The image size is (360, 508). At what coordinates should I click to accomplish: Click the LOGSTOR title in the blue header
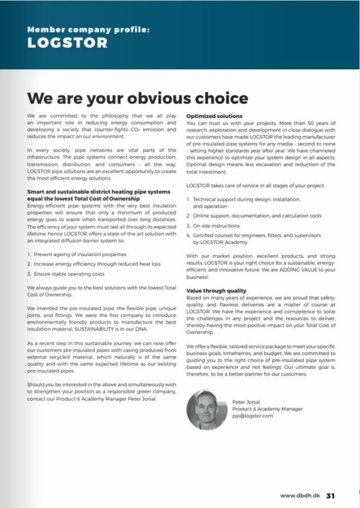tap(67, 43)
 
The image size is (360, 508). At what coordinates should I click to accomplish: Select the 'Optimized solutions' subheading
tap(214, 116)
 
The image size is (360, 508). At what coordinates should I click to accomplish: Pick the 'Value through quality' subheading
tap(216, 290)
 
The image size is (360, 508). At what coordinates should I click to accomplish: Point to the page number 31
tap(330, 495)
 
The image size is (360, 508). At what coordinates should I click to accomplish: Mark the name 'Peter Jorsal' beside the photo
tap(246, 401)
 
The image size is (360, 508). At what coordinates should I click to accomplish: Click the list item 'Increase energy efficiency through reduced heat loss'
tap(92, 263)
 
